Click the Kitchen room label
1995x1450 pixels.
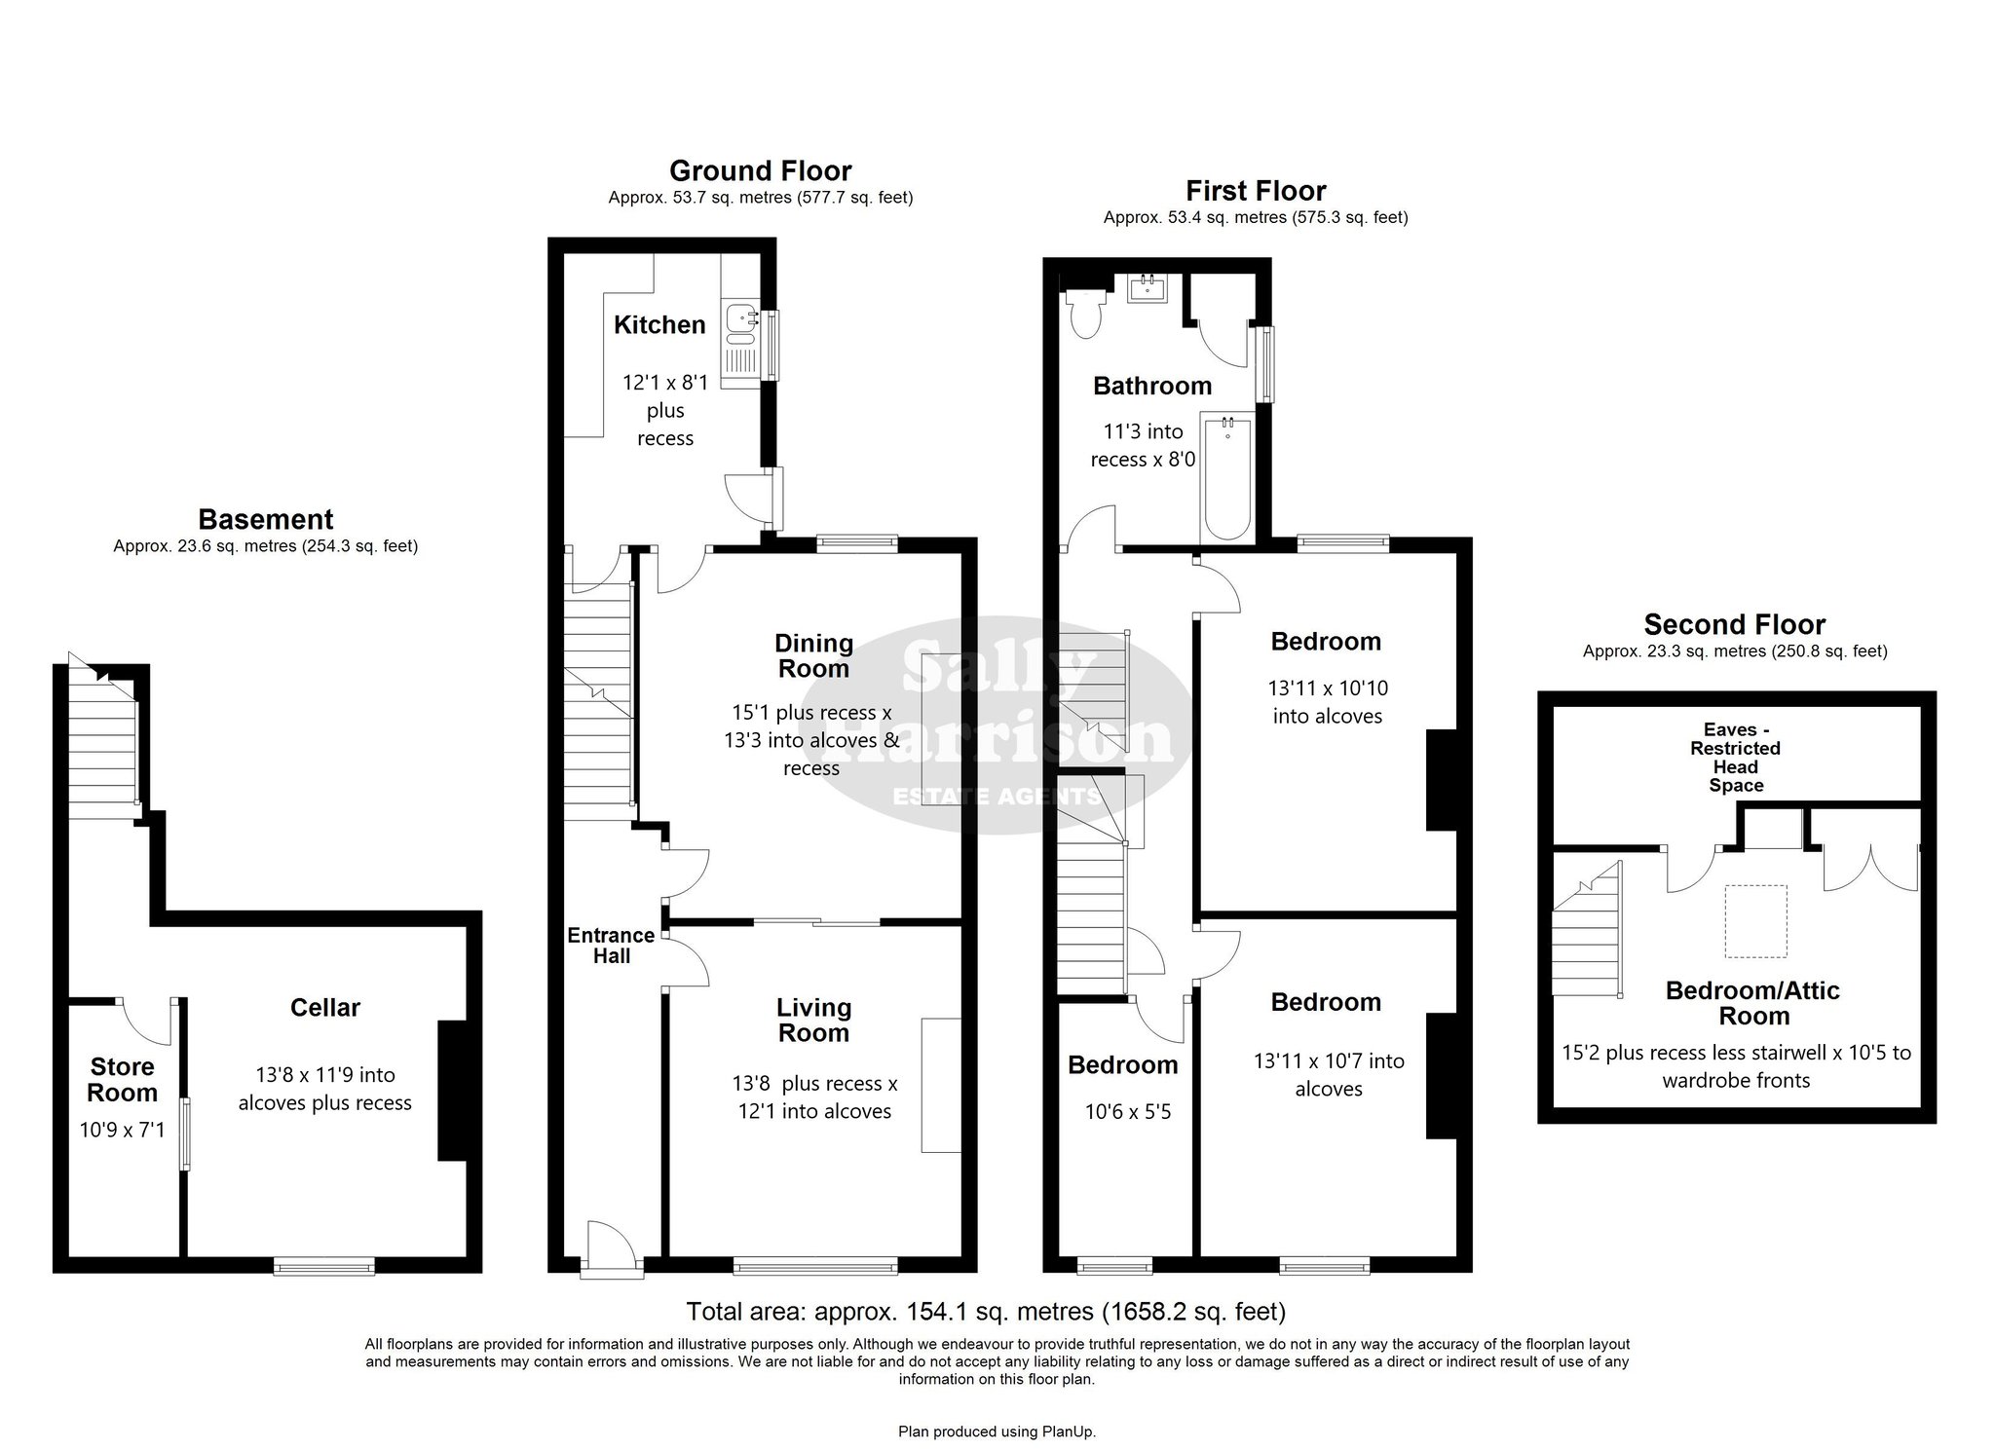[x=659, y=325]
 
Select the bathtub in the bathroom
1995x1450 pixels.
[x=1227, y=477]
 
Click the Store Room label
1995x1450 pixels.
[x=123, y=1080]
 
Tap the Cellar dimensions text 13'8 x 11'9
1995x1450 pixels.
[x=325, y=1075]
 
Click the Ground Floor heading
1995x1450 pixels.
[x=761, y=171]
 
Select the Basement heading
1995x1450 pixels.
[x=266, y=519]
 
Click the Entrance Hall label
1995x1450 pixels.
[x=612, y=946]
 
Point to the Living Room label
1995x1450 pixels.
[x=814, y=1021]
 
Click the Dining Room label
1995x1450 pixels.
[x=814, y=656]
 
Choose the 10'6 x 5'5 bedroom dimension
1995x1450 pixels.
[x=1128, y=1112]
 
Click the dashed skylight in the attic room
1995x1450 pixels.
[x=1756, y=921]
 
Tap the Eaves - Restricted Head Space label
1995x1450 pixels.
[x=1736, y=758]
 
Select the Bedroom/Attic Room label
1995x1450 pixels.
[x=1753, y=1003]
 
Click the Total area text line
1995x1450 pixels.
[x=986, y=1312]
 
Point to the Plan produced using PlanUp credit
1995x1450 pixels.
[x=997, y=1431]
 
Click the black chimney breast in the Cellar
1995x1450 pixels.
[x=453, y=1091]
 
